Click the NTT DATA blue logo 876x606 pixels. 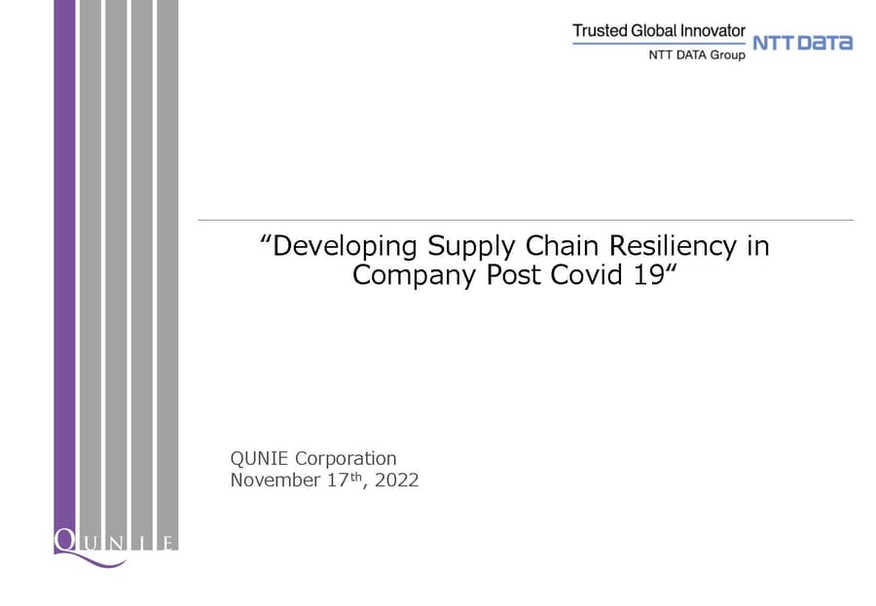click(802, 43)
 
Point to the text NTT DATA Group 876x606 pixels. click(697, 54)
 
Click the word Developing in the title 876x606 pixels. click(345, 246)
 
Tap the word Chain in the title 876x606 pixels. click(562, 245)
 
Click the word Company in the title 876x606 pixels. click(414, 275)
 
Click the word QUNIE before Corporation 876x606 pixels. click(259, 458)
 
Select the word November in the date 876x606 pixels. click(275, 480)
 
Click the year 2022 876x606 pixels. click(397, 480)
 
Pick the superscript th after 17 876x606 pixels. click(356, 477)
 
